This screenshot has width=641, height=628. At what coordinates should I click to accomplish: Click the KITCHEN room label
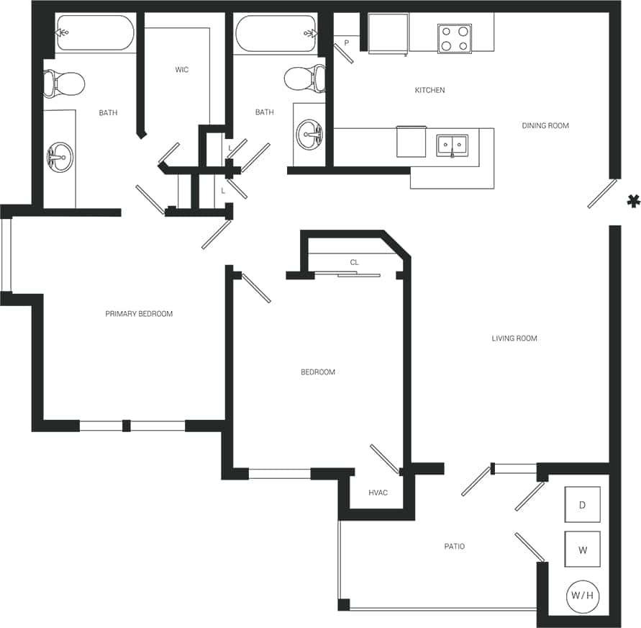429,91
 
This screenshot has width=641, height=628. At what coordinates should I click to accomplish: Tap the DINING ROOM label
545,126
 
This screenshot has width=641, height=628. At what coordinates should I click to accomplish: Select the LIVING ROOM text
514,338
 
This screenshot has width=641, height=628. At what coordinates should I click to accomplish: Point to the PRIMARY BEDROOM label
139,314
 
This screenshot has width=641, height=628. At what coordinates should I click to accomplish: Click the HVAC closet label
378,493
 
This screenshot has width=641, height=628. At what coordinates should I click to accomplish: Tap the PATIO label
454,547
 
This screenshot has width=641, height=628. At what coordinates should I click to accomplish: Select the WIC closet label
181,70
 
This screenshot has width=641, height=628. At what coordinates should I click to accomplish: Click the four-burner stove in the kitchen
455,39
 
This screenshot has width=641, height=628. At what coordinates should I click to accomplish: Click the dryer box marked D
582,505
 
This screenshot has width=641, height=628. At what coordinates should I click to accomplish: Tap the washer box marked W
582,550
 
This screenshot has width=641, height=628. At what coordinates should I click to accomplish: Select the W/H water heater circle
582,596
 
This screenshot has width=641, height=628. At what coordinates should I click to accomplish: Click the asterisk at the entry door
633,202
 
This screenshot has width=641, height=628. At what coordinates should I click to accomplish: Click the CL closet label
354,263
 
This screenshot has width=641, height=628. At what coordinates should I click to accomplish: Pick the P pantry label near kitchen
346,43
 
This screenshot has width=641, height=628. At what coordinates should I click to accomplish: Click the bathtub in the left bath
96,33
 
